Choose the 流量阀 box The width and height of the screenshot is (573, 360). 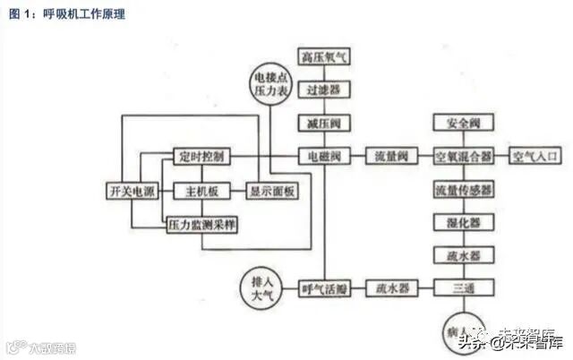click(391, 156)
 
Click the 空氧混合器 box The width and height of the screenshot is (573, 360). click(463, 156)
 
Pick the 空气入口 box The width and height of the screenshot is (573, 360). click(535, 156)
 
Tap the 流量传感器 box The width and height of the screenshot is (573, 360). click(463, 190)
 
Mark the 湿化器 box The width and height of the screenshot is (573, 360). click(463, 222)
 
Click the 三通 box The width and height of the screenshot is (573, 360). click(463, 288)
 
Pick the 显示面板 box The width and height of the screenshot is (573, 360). click(273, 191)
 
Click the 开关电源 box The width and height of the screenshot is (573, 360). click(131, 191)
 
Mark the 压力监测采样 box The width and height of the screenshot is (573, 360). click(202, 225)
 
